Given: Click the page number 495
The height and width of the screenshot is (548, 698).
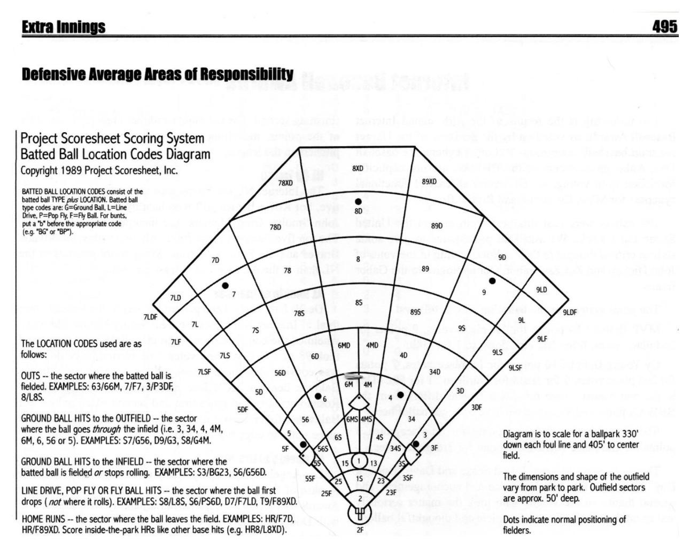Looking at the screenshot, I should coord(664,26).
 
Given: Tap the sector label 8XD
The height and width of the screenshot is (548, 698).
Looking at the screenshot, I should coord(358,169).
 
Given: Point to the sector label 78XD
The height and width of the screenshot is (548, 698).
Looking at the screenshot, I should coord(285,183).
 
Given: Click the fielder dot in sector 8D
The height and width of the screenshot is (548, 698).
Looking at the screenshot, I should coord(358,201).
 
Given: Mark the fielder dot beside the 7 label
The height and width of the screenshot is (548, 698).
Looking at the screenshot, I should coord(225,285).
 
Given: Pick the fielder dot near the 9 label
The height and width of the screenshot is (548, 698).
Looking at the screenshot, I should coord(492,281).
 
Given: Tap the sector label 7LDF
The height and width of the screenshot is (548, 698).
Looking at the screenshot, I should coord(150,317).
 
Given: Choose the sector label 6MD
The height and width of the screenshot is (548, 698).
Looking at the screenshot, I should coord(344,346).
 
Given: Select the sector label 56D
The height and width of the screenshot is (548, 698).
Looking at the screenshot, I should coord(280,372).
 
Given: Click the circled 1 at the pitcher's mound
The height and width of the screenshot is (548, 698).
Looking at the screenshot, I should coord(359,461).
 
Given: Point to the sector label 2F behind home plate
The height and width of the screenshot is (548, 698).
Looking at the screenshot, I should coord(360,530).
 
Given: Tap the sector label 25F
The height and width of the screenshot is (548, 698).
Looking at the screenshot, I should coord(326,493).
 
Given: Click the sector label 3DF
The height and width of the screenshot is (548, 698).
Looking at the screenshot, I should coord(476,407).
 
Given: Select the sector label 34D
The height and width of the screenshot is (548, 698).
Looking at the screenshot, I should coord(435,371).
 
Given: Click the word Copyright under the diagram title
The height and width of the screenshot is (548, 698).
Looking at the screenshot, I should coord(38,171).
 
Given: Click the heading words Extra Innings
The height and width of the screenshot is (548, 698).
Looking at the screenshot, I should coord(64,27).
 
